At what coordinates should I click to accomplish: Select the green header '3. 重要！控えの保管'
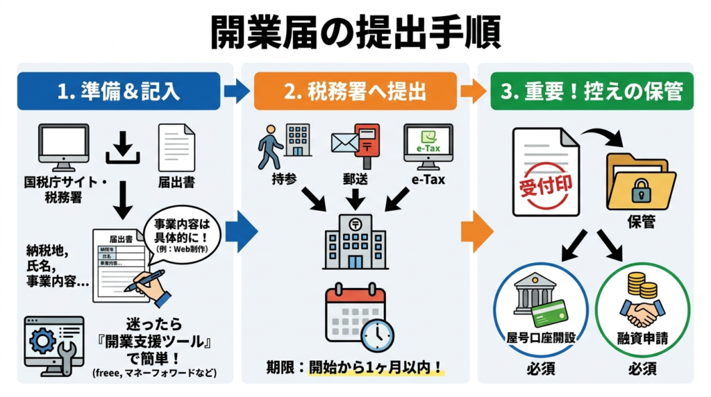[x=592, y=91]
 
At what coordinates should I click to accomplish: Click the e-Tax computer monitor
[x=428, y=146]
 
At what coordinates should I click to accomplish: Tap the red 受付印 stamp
[x=546, y=187]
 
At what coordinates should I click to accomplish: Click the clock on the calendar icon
[x=376, y=335]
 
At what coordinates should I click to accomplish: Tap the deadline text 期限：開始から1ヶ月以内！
[x=355, y=367]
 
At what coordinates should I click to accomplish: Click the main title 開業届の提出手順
[x=355, y=31]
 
